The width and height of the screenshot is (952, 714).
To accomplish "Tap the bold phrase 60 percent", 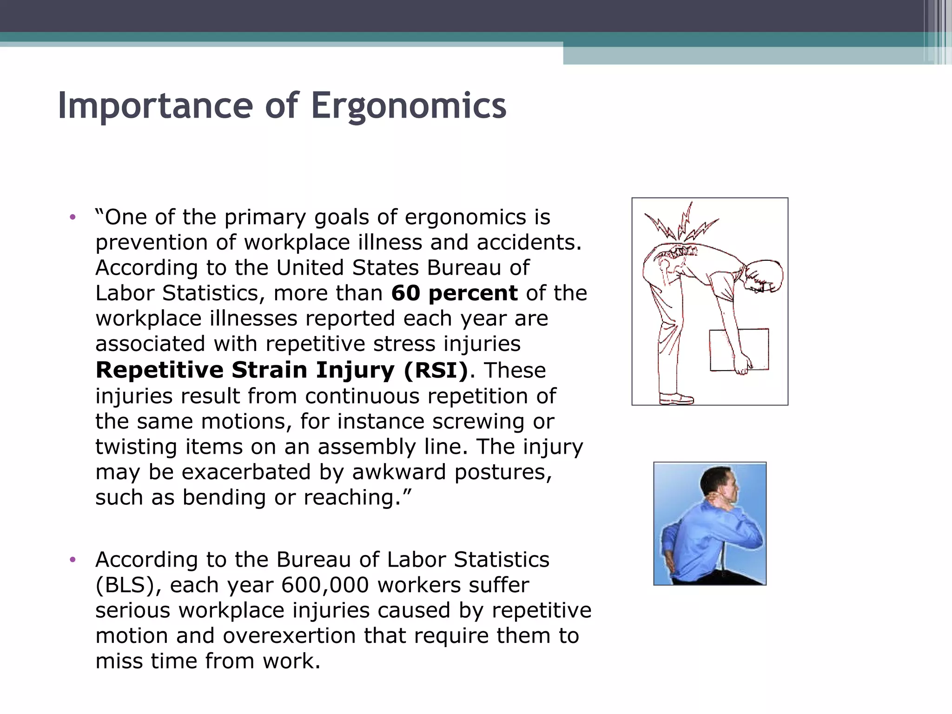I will point(454,293).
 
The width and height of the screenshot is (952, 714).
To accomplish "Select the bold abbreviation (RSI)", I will point(436,370).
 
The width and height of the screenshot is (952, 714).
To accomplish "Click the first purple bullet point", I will point(72,217).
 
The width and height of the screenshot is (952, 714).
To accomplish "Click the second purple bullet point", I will point(72,560).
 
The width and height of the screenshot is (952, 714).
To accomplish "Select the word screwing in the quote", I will point(478,422).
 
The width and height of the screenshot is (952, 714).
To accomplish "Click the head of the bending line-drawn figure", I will point(762,277).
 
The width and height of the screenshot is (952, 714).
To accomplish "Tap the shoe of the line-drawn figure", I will point(676,398).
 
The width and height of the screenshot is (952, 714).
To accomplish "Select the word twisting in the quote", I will point(136,447).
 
